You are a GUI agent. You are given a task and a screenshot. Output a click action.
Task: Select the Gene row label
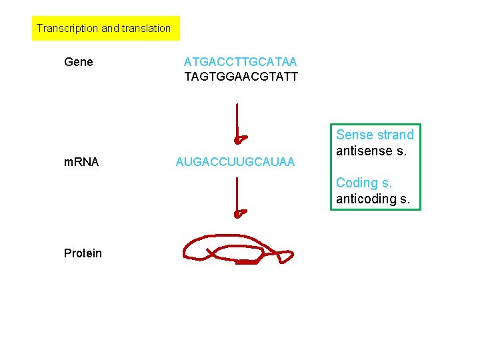79,63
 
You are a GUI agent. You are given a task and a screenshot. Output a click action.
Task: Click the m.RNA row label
81,161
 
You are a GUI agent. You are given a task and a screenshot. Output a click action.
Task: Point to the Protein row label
83,253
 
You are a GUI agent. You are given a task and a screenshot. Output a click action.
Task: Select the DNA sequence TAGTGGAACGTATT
241,77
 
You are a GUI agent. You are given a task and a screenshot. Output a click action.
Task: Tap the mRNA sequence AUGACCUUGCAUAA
235,162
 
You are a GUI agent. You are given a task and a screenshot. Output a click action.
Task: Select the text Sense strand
375,135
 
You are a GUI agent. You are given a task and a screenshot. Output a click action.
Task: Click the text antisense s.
371,151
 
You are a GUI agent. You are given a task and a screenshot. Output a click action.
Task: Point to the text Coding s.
364,183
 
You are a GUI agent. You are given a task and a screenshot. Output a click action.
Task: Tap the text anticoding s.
373,199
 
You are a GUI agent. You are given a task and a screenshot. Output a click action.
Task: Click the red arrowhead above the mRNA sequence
239,139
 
